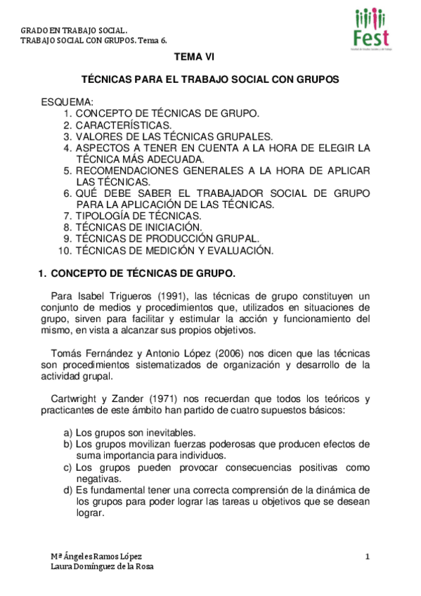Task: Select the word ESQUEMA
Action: click(x=67, y=103)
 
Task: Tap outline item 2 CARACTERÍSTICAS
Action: click(x=123, y=124)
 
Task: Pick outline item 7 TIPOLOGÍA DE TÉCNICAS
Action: click(x=138, y=216)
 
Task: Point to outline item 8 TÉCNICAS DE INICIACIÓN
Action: click(x=138, y=227)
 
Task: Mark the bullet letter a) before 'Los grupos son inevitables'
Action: click(x=67, y=433)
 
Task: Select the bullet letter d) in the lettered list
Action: click(x=67, y=490)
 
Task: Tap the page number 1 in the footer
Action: click(x=368, y=557)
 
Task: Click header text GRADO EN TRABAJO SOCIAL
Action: click(x=74, y=31)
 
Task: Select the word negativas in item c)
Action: click(x=98, y=479)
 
